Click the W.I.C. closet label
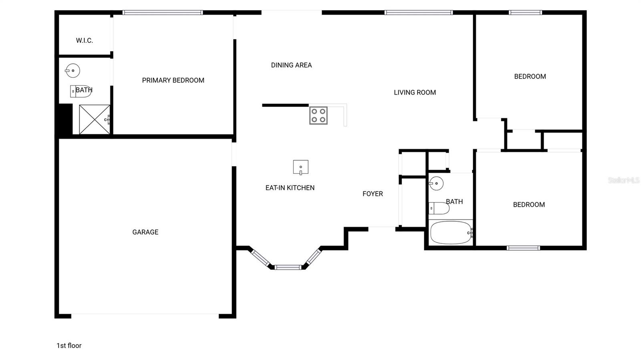tap(84, 40)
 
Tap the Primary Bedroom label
tap(173, 80)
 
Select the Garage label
tap(145, 232)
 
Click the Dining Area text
tap(291, 65)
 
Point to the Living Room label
tap(415, 92)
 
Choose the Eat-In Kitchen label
tap(290, 187)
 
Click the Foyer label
tap(373, 193)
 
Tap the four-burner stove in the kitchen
tap(318, 115)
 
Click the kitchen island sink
tap(300, 167)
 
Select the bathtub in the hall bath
tap(451, 232)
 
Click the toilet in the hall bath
tap(439, 208)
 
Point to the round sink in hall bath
tap(436, 183)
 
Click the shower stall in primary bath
tap(95, 119)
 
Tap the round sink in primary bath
tap(73, 71)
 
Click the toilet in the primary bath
tap(80, 91)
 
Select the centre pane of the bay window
tap(288, 267)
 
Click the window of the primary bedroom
tap(162, 12)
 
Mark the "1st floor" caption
tap(69, 345)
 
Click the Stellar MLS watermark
tap(623, 180)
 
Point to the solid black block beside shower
tap(65, 119)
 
